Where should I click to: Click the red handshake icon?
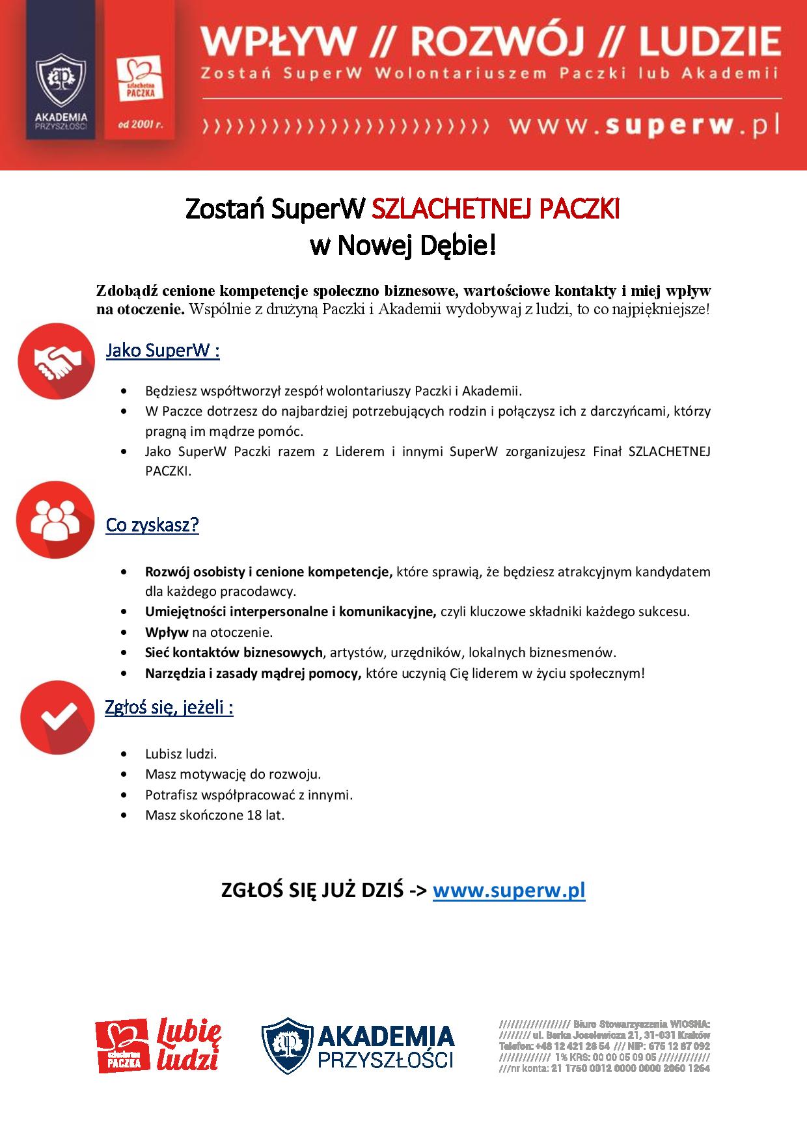pos(57,360)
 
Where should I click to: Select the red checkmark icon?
pos(57,718)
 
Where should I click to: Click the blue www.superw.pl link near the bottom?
pos(509,890)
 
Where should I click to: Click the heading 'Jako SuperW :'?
pos(163,351)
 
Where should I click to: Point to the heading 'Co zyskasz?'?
pos(152,525)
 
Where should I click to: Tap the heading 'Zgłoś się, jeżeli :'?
pos(169,708)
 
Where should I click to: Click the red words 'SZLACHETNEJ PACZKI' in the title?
pos(495,209)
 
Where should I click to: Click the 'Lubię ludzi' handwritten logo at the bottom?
pos(189,1047)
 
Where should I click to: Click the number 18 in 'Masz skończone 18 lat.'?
pos(254,814)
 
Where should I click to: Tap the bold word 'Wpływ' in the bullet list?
pos(167,632)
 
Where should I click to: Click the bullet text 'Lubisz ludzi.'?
pos(181,754)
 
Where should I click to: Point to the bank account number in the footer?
pos(630,1068)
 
